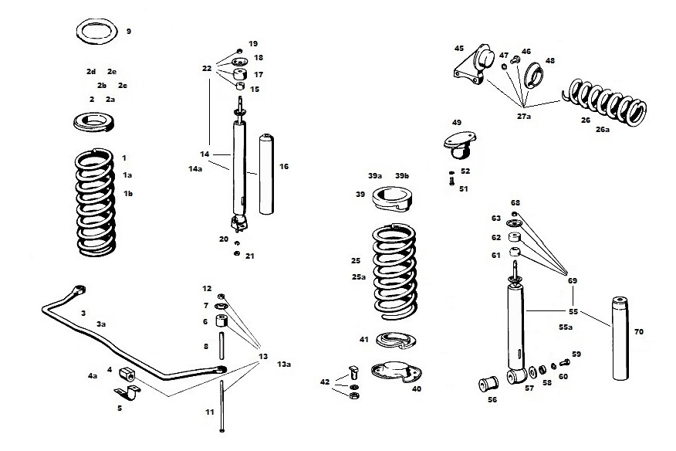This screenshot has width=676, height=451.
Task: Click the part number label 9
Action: pos(128,32)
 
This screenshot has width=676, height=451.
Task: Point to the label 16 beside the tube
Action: pos(284,166)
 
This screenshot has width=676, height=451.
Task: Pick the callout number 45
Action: pos(458,49)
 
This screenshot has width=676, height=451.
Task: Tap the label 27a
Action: pos(524,116)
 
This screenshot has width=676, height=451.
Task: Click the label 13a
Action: pos(284,364)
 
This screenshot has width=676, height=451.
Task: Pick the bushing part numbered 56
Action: pos(488,382)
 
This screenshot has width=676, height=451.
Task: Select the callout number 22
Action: pos(207,70)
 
